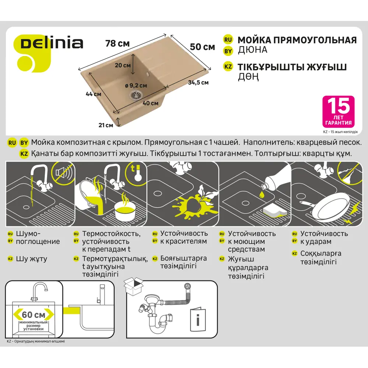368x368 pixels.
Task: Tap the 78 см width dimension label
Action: click(x=117, y=43)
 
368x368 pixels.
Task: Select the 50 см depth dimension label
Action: click(x=202, y=47)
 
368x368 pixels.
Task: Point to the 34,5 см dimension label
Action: click(x=198, y=83)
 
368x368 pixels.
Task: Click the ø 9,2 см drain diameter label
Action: click(x=136, y=85)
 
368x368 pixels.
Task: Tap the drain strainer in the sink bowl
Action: click(x=135, y=95)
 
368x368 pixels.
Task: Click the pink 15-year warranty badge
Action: click(x=338, y=112)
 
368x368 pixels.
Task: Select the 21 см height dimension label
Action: click(x=106, y=125)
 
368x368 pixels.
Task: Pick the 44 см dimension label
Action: click(x=93, y=94)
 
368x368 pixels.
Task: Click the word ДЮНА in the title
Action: click(x=252, y=49)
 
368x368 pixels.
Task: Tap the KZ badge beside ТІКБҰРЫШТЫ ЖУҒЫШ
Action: click(x=228, y=67)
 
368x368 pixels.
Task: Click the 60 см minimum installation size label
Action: click(x=33, y=315)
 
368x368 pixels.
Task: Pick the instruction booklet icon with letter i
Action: click(x=198, y=318)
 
